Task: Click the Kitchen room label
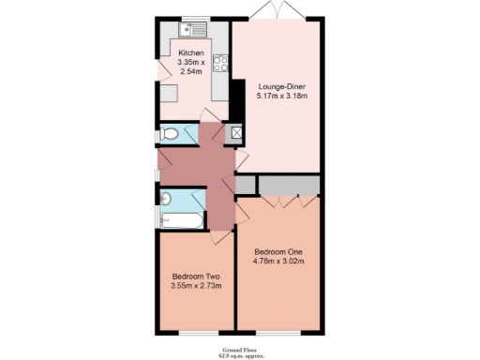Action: pos(191,53)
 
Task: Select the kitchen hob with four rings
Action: pos(221,64)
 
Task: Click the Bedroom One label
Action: pos(279,251)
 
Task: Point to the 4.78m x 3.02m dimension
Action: pos(279,262)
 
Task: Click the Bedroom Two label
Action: pos(195,276)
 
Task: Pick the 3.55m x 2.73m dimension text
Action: pos(195,286)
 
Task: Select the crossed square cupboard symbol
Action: pos(235,133)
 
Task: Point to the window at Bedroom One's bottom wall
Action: pos(278,334)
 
